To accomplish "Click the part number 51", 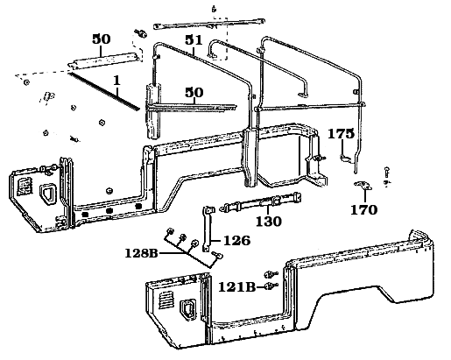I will (194, 41).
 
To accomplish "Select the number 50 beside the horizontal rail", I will (194, 92).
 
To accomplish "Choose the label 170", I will (363, 209).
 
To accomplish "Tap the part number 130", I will (268, 222).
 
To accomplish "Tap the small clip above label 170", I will (364, 188).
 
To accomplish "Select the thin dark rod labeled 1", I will (103, 91).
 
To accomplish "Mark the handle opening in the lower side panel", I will (187, 308).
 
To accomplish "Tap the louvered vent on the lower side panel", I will (164, 300).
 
